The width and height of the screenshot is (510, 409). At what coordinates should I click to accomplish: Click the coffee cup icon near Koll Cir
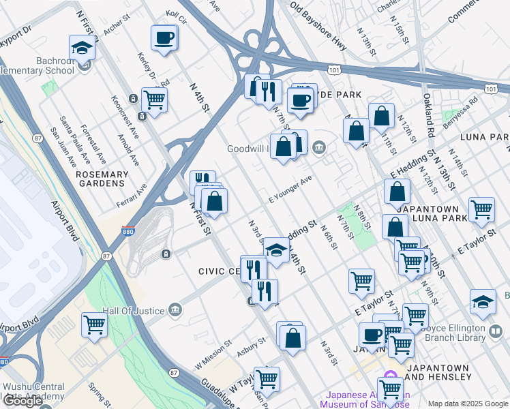pyautogui.click(x=164, y=38)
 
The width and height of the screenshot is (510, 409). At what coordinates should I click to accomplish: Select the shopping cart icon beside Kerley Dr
pyautogui.click(x=155, y=100)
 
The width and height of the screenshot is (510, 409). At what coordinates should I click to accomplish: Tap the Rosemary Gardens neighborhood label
pyautogui.click(x=102, y=179)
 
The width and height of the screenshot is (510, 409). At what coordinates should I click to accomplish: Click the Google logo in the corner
pyautogui.click(x=23, y=401)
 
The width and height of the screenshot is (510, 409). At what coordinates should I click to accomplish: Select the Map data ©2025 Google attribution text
pyautogui.click(x=468, y=404)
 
